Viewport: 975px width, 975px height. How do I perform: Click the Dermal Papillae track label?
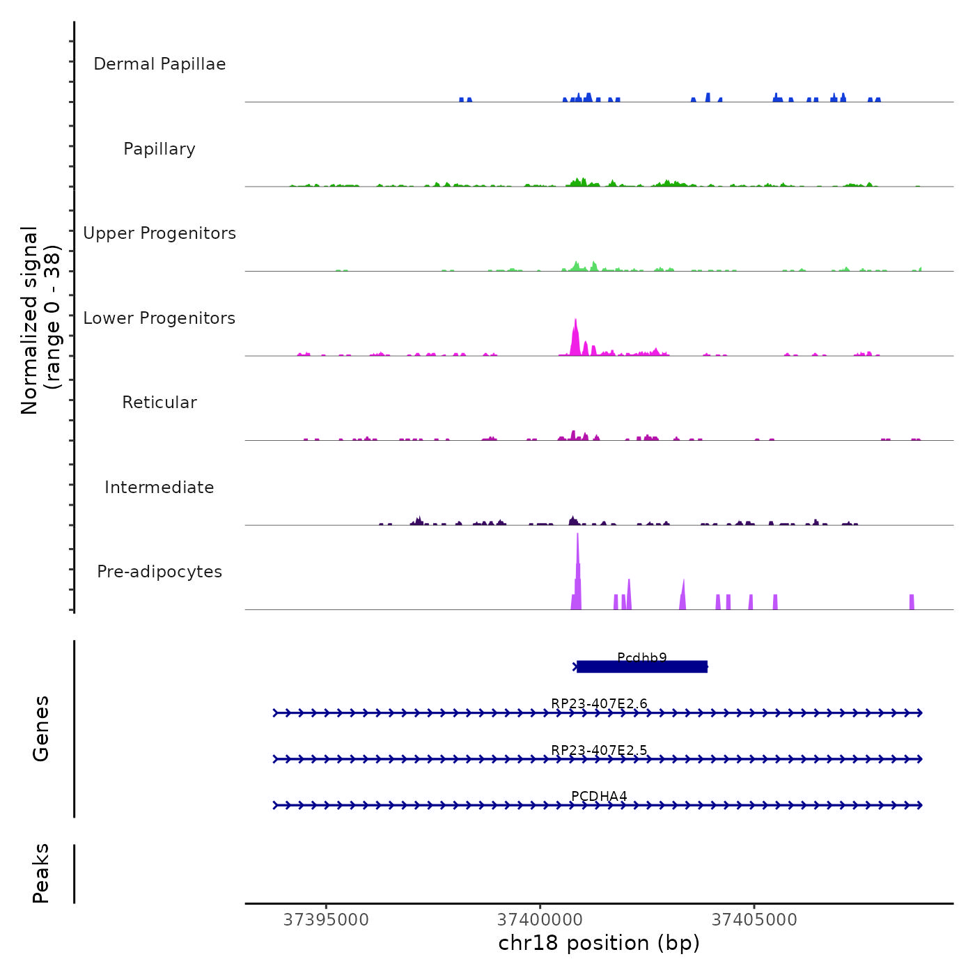(159, 64)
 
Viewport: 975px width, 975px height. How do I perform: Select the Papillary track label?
(159, 149)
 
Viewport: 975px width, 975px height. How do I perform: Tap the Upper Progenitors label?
(159, 233)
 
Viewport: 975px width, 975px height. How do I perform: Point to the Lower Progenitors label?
(159, 318)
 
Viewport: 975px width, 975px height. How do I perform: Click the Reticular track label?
(159, 403)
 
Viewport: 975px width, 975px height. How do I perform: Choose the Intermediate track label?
(159, 487)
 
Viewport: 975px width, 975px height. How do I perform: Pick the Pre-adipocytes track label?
(159, 572)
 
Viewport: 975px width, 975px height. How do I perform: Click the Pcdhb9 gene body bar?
(642, 667)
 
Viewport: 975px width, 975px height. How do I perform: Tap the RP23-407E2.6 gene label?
(599, 703)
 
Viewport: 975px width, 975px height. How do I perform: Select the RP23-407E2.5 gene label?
(599, 750)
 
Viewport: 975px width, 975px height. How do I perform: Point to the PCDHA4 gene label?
(599, 796)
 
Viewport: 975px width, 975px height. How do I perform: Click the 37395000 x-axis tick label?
(326, 920)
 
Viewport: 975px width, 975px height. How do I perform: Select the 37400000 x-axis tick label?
(540, 920)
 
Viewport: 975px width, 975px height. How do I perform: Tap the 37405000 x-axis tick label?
(754, 920)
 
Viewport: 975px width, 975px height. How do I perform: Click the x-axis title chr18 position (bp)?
(599, 943)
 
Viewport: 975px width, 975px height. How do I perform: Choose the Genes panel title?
(41, 728)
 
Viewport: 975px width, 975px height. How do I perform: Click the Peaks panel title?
(41, 873)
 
